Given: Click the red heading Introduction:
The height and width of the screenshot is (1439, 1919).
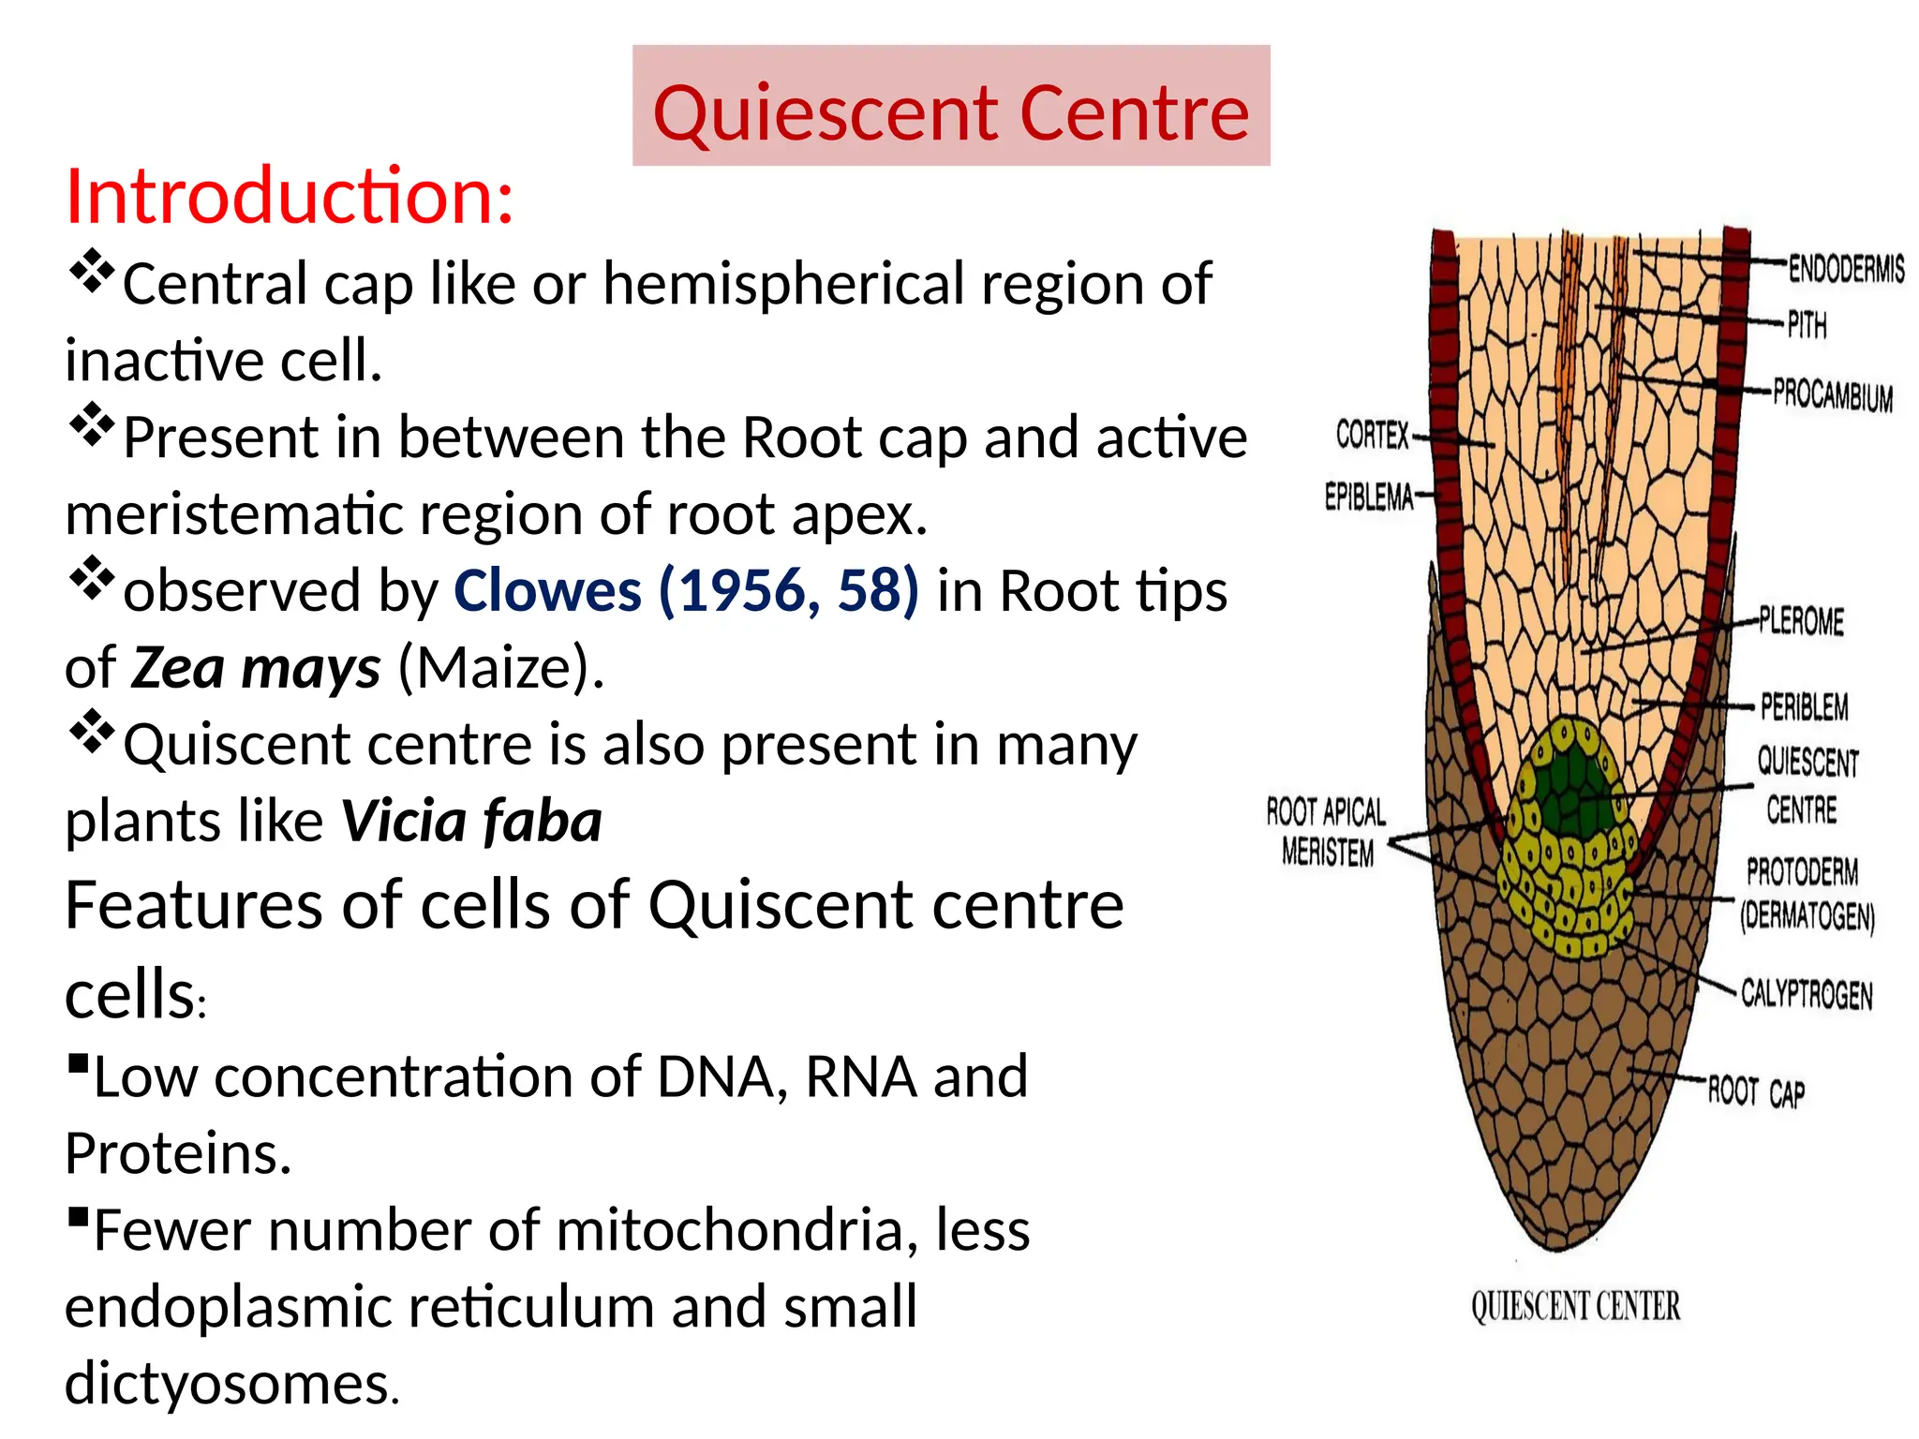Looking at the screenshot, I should [x=289, y=197].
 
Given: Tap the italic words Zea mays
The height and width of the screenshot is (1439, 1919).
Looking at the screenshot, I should [x=255, y=669].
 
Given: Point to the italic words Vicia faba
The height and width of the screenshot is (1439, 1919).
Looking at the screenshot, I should [x=471, y=822].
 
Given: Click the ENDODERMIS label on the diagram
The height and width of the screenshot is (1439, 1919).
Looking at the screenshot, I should [x=1846, y=269].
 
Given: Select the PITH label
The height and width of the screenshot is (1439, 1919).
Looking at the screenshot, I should [x=1807, y=325].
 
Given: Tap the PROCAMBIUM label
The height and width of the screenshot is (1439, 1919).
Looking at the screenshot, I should [x=1832, y=394].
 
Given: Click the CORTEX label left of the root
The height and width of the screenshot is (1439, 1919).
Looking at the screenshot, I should [x=1372, y=435].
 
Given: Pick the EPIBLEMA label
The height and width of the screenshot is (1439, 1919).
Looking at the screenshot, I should [x=1368, y=497].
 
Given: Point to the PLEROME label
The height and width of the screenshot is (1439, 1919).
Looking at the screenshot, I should [x=1801, y=621].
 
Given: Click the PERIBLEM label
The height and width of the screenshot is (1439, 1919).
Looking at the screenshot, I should [x=1804, y=706].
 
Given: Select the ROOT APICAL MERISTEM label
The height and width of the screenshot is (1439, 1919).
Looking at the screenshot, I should [x=1325, y=832].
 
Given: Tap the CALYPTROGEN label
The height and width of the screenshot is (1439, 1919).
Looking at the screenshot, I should [x=1806, y=994].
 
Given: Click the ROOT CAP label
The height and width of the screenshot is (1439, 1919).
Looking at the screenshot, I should [x=1755, y=1091].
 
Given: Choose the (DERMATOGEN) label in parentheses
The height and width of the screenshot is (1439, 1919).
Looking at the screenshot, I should [x=1807, y=916].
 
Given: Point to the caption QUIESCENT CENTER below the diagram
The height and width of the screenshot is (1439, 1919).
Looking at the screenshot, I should [x=1575, y=1306].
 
